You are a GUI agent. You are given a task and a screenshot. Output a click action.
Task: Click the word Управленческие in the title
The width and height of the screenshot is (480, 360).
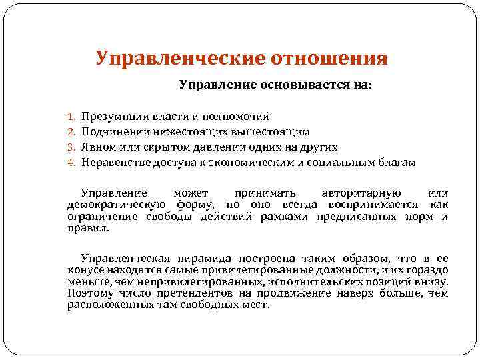pos(179,58)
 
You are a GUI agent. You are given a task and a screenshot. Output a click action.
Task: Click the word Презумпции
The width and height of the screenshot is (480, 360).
pos(111,117)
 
